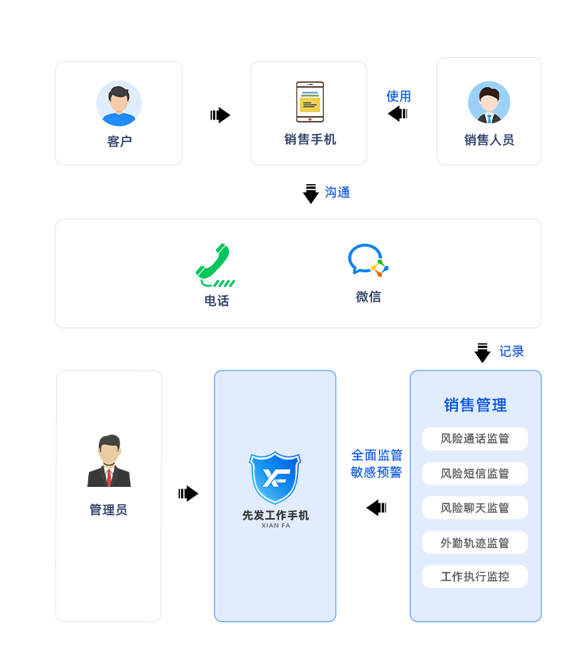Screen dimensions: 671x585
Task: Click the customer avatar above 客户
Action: tap(119, 103)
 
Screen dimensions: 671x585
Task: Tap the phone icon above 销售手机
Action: tap(310, 102)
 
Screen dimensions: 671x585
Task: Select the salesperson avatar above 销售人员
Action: tap(489, 103)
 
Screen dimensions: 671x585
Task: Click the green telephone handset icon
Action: tap(214, 264)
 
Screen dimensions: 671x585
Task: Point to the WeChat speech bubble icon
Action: tap(367, 260)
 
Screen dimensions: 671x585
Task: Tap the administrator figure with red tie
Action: tap(109, 462)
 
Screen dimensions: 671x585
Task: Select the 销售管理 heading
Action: tap(475, 405)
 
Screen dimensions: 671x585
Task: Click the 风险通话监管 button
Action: tap(475, 438)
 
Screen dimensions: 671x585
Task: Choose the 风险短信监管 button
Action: tap(475, 473)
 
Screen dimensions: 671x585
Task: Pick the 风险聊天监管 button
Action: tap(475, 508)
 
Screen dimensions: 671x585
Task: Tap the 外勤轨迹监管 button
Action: tap(475, 542)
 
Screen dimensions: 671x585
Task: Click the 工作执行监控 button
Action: tap(475, 577)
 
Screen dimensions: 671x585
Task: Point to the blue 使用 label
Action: tap(398, 96)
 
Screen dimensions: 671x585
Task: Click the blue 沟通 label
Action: tap(337, 192)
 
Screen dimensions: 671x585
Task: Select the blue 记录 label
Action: tap(511, 351)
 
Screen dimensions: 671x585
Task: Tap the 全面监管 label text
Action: tap(376, 455)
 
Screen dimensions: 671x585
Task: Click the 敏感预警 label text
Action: tap(376, 472)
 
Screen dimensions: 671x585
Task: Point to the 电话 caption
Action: tap(216, 300)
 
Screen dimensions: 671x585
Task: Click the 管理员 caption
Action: tap(108, 509)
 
